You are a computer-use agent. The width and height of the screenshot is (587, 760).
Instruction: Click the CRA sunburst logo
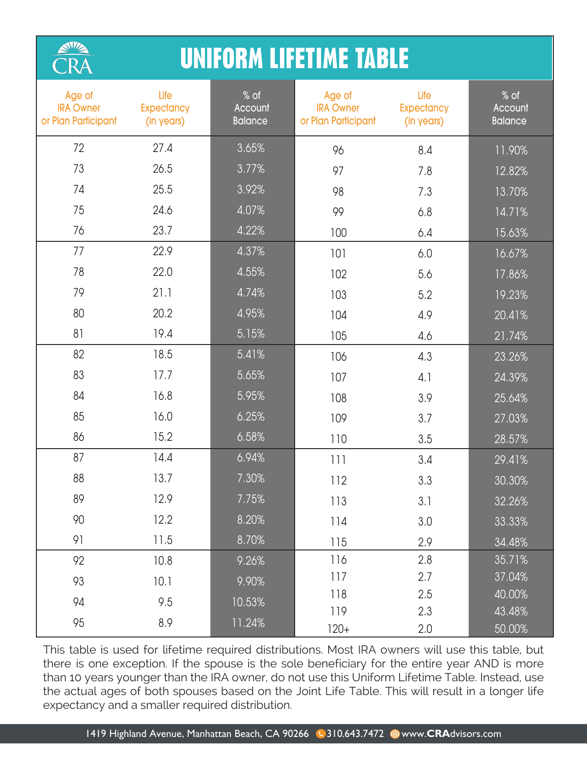tap(73, 58)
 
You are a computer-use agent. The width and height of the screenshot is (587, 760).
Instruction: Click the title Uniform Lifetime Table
tap(294, 59)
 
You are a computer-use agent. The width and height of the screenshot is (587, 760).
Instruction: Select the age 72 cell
tap(79, 148)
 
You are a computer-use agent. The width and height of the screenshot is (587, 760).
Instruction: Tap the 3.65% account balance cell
tap(251, 148)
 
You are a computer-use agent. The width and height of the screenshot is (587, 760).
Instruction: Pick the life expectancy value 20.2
tap(163, 314)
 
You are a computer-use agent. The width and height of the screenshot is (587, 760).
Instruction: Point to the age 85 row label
tap(79, 417)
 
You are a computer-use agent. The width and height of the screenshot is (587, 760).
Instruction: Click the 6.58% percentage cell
tap(251, 437)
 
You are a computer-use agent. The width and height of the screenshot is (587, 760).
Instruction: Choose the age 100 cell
tap(338, 233)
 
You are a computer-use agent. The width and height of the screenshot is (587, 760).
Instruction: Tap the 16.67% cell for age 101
tap(511, 254)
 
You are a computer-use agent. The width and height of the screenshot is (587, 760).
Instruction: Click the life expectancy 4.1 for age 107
tap(424, 378)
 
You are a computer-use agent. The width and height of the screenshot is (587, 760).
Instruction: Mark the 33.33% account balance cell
tap(511, 522)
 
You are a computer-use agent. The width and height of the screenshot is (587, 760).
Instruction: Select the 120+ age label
tap(338, 629)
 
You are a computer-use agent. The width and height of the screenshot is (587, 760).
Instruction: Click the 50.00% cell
tap(511, 629)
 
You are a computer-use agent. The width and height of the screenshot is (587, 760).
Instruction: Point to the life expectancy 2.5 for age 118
tap(424, 595)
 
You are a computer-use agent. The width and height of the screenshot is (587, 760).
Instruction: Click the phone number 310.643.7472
tap(355, 734)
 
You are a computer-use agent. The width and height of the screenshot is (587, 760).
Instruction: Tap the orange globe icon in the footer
tap(395, 734)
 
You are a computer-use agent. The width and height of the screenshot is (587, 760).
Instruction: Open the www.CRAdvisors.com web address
tap(451, 734)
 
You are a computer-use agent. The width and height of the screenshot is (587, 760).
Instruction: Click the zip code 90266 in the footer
tap(295, 734)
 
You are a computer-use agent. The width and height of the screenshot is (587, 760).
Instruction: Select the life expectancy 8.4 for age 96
tap(424, 151)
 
